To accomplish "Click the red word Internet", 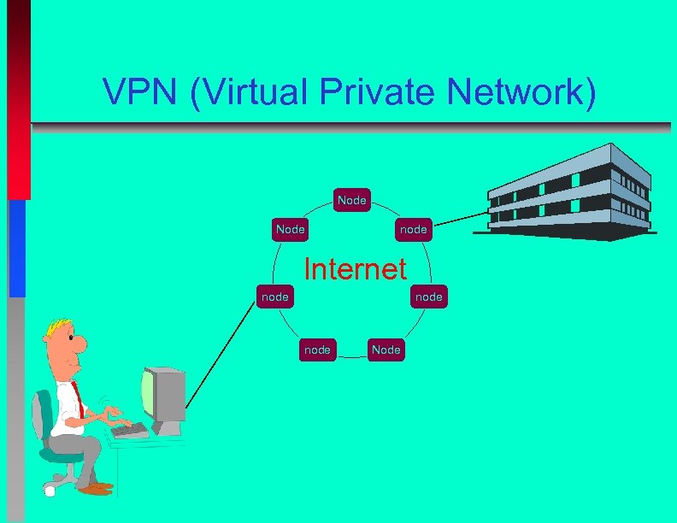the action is coord(356,269).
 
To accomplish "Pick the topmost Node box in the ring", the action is coord(352,200).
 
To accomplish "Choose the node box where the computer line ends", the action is coord(274,297).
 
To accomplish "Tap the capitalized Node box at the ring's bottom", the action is coord(386,349).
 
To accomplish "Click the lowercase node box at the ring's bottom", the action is coord(317,349).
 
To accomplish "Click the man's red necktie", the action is coord(77,398).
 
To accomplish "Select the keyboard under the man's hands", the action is coord(129,429).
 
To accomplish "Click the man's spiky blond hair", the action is coord(58,326).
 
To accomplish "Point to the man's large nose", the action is coord(79,344).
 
